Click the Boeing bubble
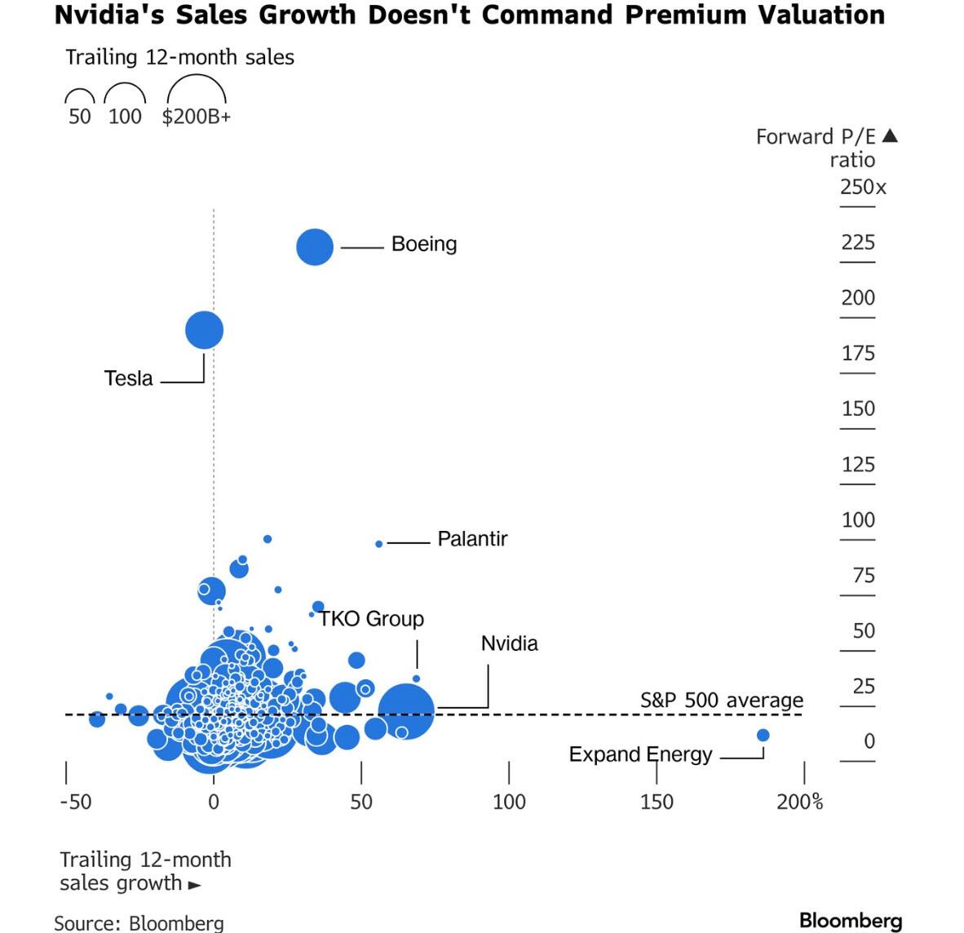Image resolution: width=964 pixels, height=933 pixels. tap(315, 246)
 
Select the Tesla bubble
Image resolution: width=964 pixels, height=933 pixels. tap(204, 330)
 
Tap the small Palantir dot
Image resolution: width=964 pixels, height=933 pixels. tap(378, 544)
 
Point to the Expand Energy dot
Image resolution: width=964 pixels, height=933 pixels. tap(763, 735)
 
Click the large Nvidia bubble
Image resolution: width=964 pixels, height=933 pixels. tap(405, 712)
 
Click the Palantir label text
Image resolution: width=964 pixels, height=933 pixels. tap(472, 539)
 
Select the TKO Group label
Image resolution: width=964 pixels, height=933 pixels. tap(371, 619)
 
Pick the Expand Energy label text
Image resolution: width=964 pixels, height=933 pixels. tap(640, 754)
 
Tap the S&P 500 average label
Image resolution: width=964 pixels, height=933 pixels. tap(721, 701)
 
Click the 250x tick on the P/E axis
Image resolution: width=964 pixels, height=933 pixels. tap(862, 187)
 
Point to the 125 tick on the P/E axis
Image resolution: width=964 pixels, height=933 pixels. tap(857, 465)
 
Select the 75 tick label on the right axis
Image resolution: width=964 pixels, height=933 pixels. tap(863, 576)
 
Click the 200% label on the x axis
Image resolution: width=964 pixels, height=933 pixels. tap(799, 802)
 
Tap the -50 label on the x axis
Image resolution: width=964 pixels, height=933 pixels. tap(75, 802)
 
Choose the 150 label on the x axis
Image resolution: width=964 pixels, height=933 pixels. tap(657, 802)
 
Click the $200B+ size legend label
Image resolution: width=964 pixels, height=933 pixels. tap(196, 117)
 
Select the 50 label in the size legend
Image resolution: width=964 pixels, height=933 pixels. tap(80, 117)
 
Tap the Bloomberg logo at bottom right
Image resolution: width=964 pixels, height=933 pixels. tap(850, 921)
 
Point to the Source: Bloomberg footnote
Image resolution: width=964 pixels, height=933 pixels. tap(139, 922)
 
